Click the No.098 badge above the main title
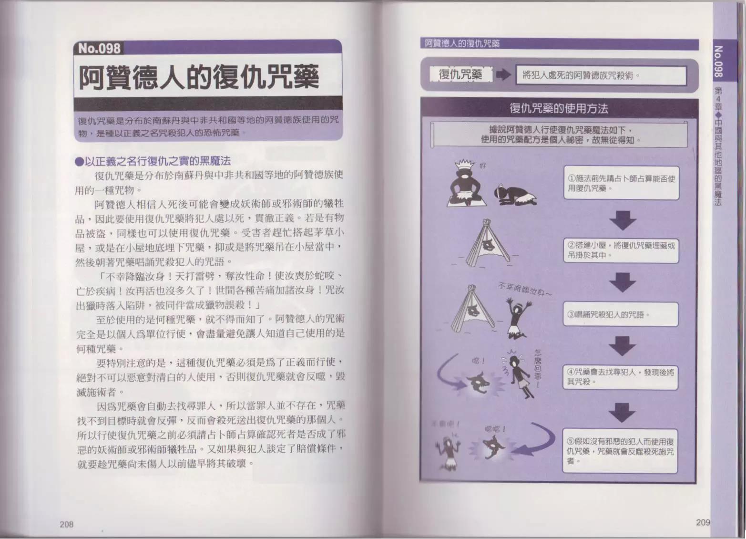pyautogui.click(x=99, y=48)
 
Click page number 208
pyautogui.click(x=66, y=524)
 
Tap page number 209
pyautogui.click(x=703, y=522)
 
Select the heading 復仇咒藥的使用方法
pyautogui.click(x=559, y=108)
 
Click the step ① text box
pyautogui.click(x=621, y=183)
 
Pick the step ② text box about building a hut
pyautogui.click(x=621, y=250)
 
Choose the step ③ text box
pyautogui.click(x=621, y=314)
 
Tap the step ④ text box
pyautogui.click(x=621, y=376)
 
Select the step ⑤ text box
pyautogui.click(x=621, y=451)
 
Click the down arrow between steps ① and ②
pyautogui.click(x=623, y=220)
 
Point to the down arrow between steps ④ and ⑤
pyautogui.click(x=622, y=412)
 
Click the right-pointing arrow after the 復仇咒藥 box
pyautogui.click(x=503, y=75)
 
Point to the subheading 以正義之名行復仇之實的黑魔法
pyautogui.click(x=153, y=161)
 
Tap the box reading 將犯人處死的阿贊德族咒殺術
pyautogui.click(x=601, y=75)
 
